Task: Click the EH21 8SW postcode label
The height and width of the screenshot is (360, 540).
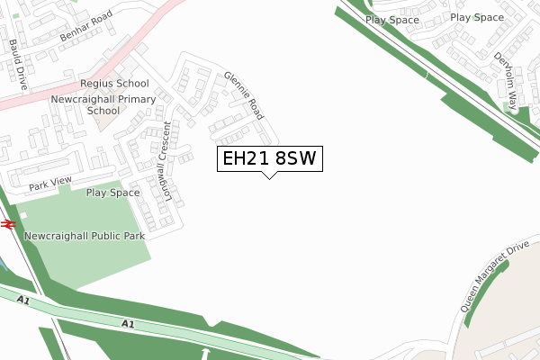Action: click(x=268, y=159)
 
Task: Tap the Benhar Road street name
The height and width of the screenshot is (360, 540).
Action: click(x=85, y=27)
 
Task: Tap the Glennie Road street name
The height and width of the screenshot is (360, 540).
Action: click(x=242, y=96)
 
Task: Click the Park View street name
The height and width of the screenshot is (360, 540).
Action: click(x=49, y=185)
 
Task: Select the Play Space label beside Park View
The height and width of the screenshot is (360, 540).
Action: click(x=112, y=193)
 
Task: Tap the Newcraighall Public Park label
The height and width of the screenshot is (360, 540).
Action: click(x=85, y=236)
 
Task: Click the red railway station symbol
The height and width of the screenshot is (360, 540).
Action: click(x=8, y=224)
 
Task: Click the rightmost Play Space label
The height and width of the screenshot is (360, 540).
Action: click(x=476, y=17)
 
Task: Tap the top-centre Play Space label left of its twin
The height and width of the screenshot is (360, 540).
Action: click(x=392, y=18)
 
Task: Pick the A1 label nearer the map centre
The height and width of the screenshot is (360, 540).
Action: click(x=128, y=323)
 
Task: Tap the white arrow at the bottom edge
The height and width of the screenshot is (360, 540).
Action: click(x=206, y=353)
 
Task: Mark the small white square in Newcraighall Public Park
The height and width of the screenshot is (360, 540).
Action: click(x=23, y=214)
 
